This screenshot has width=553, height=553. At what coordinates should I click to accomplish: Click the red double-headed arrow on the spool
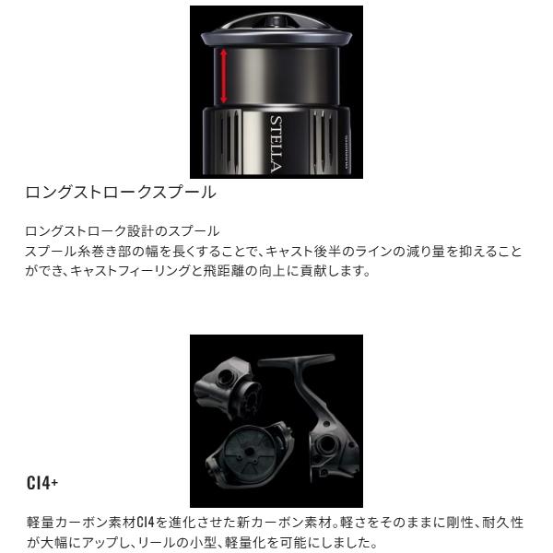coord(222,78)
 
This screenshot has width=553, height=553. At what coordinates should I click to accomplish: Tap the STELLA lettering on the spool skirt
coord(276,142)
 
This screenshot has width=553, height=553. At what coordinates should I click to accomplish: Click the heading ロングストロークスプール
coord(121,194)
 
